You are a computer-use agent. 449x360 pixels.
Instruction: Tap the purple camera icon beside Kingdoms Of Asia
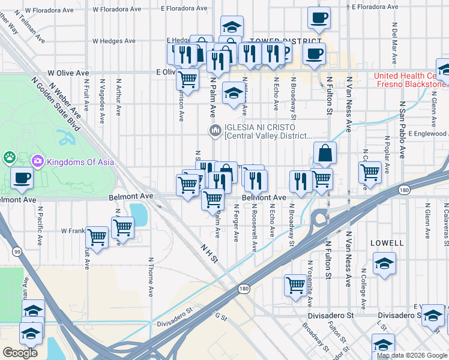[38, 160]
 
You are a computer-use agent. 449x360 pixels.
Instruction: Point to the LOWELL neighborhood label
[387, 243]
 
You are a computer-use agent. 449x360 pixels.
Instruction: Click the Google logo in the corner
[20, 353]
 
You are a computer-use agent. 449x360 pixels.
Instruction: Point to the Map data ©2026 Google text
[411, 355]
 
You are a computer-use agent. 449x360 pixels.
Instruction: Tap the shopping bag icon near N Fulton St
[325, 153]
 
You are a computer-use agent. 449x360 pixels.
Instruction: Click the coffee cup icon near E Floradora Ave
[319, 17]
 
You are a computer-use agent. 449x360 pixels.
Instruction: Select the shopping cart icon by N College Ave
[370, 172]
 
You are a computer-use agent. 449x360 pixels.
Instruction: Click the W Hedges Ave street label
[113, 41]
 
